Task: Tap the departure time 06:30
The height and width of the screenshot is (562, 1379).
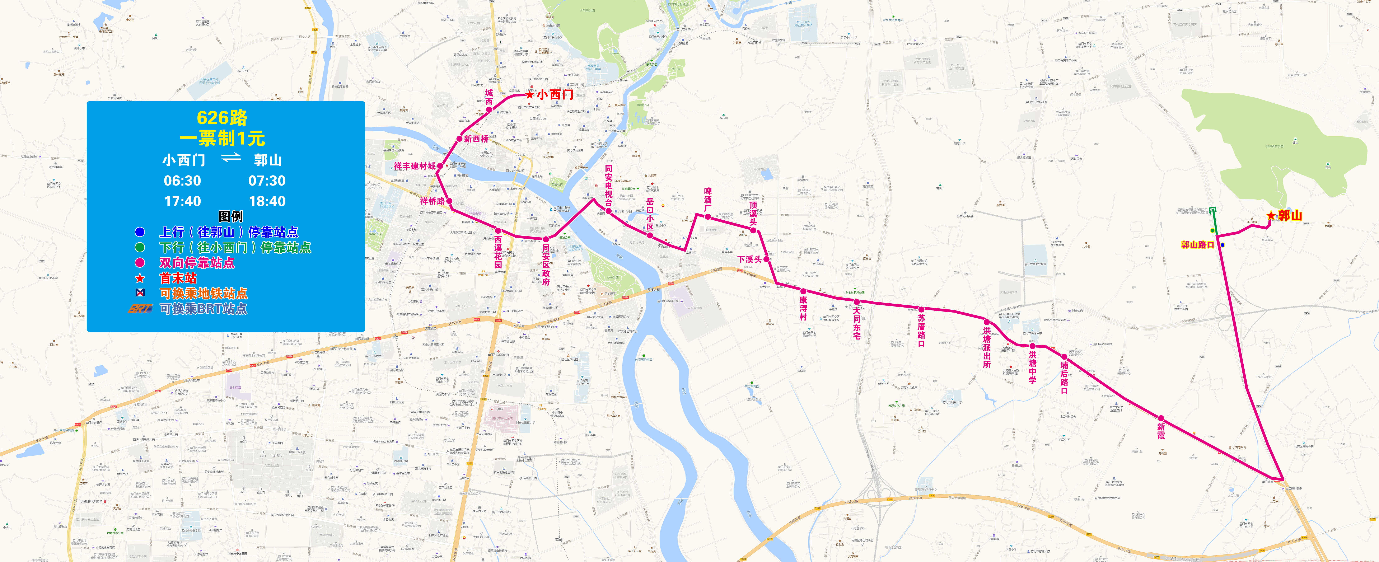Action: pos(183,181)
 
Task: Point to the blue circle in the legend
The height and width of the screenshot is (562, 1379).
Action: pos(140,232)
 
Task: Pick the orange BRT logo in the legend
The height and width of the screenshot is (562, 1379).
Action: pos(140,309)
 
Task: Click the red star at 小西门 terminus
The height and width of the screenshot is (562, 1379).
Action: pos(529,95)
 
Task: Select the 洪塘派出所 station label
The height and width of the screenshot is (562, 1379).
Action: pos(987,348)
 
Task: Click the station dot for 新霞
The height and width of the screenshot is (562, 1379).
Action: pos(1161,418)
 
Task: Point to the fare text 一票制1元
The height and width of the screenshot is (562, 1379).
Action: pos(222,139)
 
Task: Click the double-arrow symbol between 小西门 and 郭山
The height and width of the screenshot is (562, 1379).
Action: pos(231,158)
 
